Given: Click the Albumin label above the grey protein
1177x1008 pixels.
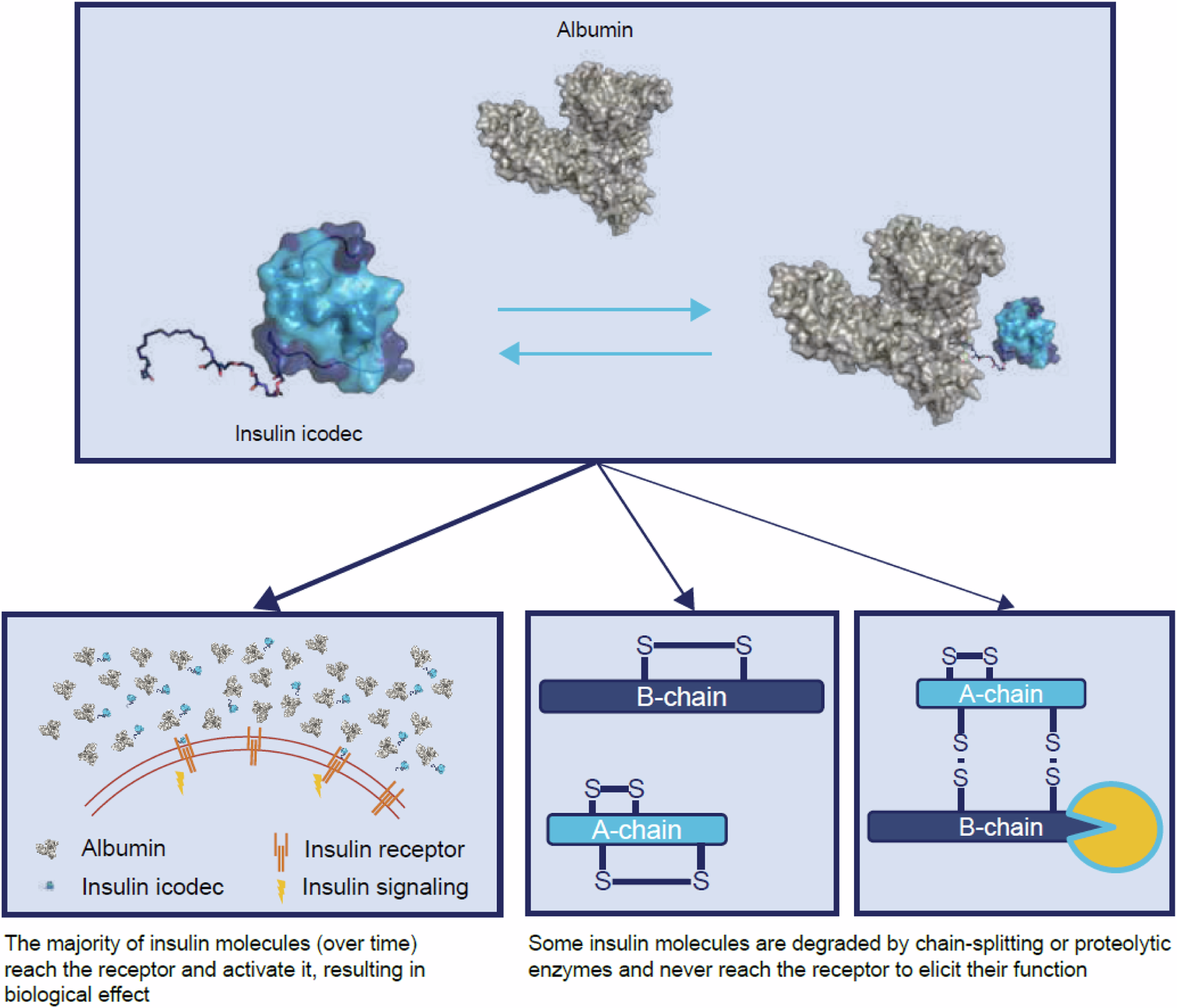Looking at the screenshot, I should click(595, 30).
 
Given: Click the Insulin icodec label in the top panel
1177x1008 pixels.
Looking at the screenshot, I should click(299, 434).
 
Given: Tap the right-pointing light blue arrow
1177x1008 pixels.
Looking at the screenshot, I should click(604, 309).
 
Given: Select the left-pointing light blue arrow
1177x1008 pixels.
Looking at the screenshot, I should click(604, 353).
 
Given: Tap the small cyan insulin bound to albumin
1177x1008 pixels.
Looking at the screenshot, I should click(1026, 333).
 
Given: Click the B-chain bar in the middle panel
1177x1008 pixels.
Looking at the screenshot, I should click(681, 697).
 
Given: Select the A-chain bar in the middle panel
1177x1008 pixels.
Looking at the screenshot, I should click(636, 829).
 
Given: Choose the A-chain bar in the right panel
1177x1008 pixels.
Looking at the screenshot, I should click(1001, 693).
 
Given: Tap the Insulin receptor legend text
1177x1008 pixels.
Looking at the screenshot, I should click(384, 849).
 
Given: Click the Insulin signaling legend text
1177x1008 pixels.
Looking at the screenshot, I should click(385, 887).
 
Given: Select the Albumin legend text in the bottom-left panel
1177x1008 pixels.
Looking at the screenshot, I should click(123, 849).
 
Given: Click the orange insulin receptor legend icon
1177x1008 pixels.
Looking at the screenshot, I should click(281, 851).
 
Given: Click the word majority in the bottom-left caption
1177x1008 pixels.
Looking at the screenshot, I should click(89, 943).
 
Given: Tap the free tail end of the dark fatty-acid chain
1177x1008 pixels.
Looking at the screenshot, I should click(145, 377).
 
